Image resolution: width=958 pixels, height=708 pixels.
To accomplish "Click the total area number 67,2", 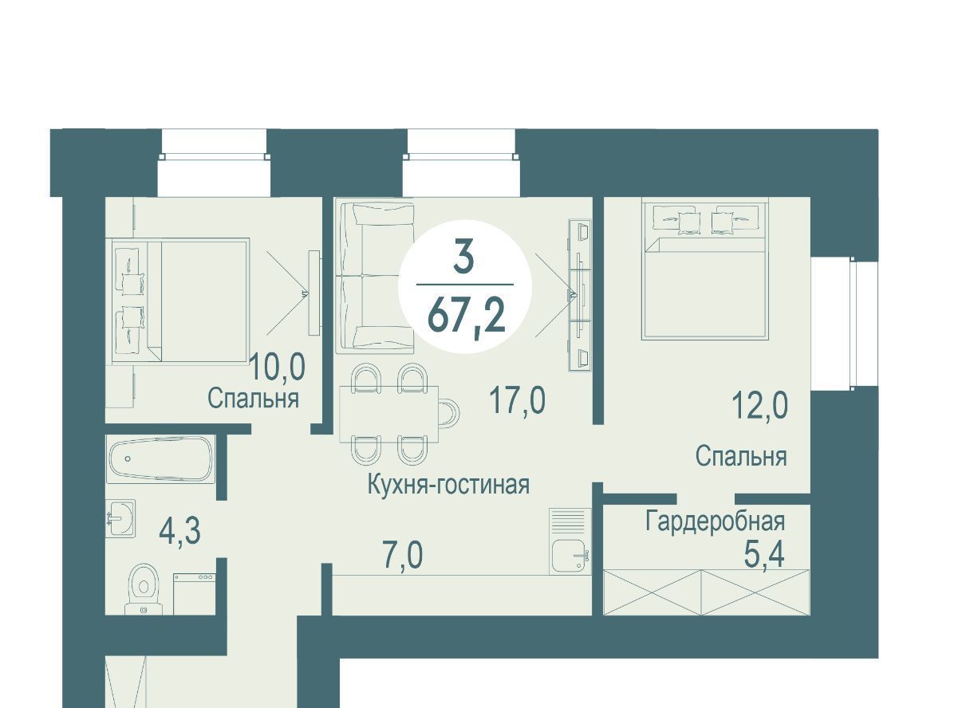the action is (x=466, y=316).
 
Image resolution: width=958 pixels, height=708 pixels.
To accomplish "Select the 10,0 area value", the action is (x=278, y=367).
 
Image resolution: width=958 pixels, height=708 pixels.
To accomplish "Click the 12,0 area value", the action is (x=759, y=405).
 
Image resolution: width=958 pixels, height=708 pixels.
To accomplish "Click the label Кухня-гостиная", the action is (x=448, y=485).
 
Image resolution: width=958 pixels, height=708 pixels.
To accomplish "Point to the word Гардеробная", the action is (x=716, y=521).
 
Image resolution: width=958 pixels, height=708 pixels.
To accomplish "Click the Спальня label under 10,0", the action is (x=254, y=399).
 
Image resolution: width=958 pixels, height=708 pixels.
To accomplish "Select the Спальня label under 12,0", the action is (x=741, y=456).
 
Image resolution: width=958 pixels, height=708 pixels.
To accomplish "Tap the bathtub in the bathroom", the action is (x=160, y=459).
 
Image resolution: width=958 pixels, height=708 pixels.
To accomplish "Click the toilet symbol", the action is (x=144, y=589).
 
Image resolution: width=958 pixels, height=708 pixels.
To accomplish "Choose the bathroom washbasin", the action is (x=121, y=518).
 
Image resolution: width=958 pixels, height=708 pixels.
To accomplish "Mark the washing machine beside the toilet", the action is (x=195, y=593).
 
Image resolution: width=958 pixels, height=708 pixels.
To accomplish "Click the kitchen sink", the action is (x=570, y=556).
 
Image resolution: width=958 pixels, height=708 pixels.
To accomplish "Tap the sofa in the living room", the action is (x=374, y=277).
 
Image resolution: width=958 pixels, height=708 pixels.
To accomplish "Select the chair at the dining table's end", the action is (x=449, y=412).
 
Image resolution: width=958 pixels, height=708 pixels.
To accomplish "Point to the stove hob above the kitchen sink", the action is (x=570, y=522).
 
